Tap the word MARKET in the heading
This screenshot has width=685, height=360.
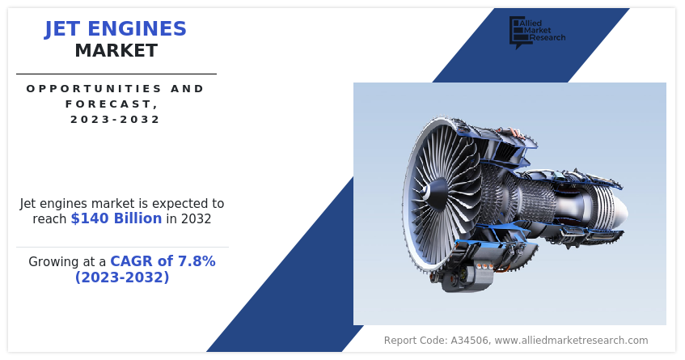coord(116,51)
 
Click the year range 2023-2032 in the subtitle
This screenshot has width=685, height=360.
coord(116,119)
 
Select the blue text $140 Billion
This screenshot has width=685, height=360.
coord(116,218)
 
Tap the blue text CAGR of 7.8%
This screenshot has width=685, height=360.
coord(163,261)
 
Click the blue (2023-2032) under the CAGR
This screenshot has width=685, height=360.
coord(122,277)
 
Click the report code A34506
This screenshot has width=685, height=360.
coord(464,341)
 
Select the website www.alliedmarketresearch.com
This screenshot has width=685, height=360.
coord(571,341)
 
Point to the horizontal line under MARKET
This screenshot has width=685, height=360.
coord(116,74)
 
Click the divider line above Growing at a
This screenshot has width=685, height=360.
coord(122,247)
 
